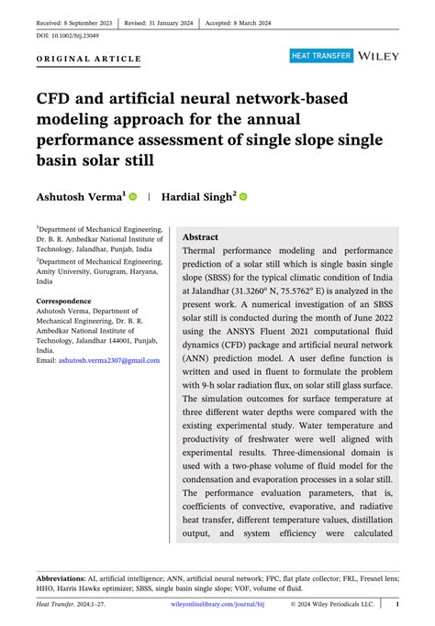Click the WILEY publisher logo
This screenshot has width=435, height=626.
pyautogui.click(x=379, y=56)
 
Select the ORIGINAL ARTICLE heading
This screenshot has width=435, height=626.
pyautogui.click(x=89, y=59)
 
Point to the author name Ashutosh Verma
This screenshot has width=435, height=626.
pyautogui.click(x=79, y=196)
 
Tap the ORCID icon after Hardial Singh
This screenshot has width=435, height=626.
pyautogui.click(x=243, y=197)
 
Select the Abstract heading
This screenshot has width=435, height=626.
pyautogui.click(x=201, y=236)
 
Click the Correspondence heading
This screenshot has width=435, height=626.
pyautogui.click(x=63, y=302)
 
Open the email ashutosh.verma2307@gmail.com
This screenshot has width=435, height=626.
pyautogui.click(x=109, y=361)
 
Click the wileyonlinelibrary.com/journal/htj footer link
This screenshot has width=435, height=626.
pyautogui.click(x=218, y=605)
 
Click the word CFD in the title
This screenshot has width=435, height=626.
pyautogui.click(x=57, y=95)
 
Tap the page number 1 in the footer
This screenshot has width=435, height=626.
pyautogui.click(x=396, y=605)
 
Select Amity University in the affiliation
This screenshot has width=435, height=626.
pyautogui.click(x=69, y=269)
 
